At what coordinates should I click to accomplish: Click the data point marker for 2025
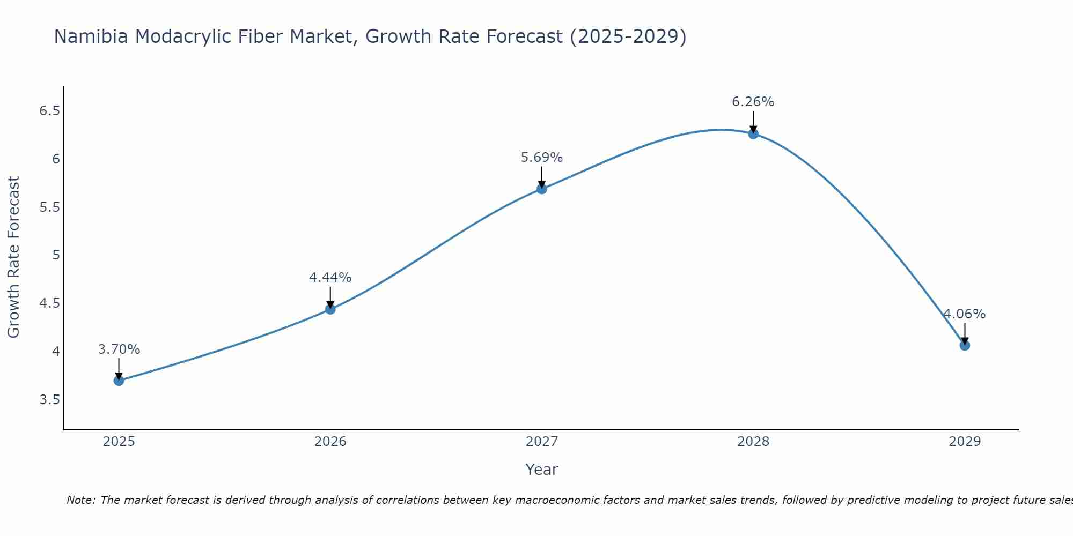click(119, 381)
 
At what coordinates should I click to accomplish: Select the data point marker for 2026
click(330, 309)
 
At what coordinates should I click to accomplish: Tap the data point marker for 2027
click(542, 189)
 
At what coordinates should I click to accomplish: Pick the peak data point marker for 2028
click(753, 134)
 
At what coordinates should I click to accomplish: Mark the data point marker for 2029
click(965, 345)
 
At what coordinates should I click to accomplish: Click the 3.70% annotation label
click(119, 349)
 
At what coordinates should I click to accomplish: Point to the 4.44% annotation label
click(330, 278)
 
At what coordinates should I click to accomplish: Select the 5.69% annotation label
click(542, 158)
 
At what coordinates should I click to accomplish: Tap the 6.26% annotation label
click(753, 102)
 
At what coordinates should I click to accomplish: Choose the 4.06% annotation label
click(965, 314)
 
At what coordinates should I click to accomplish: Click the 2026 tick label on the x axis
click(330, 442)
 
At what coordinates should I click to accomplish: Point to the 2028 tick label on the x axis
click(753, 442)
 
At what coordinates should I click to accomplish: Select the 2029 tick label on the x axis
click(965, 442)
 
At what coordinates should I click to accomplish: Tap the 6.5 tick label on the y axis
click(49, 111)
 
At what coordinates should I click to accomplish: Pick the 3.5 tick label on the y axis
click(49, 400)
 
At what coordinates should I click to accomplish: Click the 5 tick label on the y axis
click(56, 255)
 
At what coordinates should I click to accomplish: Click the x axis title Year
click(542, 470)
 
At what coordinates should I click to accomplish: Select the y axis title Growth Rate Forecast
click(14, 257)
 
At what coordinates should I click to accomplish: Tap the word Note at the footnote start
click(80, 500)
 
